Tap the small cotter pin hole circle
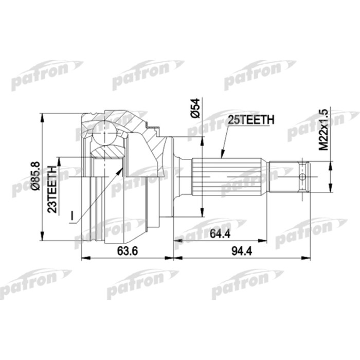tap(303, 176)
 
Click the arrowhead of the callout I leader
tap(122, 168)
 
